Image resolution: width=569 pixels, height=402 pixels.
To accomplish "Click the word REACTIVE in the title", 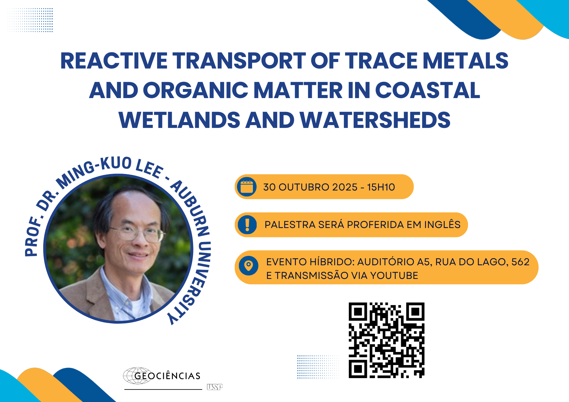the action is pos(114,61).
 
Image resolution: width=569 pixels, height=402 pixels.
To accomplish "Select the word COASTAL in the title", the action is pos(428,90).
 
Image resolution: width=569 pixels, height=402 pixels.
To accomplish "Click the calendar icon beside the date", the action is pos(247,187).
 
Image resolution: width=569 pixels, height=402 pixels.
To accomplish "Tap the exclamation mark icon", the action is pos(247,225).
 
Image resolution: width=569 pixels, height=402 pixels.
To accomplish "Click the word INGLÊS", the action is pos(442,224).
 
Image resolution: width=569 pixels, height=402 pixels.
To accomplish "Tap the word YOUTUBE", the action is pos(394,275).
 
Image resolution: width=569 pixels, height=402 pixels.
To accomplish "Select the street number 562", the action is pos(520,262).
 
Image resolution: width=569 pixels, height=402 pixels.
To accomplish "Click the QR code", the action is pos(387,340).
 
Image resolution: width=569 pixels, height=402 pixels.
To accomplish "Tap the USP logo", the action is pos(215,387).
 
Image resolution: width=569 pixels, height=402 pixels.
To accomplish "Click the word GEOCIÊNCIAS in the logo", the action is pos(167,376).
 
